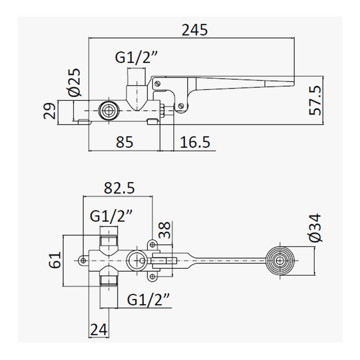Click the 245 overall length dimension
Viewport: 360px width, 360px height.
(x=194, y=30)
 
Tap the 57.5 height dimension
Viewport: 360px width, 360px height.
(x=315, y=100)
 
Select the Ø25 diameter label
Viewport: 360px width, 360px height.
(x=75, y=83)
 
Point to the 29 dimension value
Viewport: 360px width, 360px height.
(x=49, y=111)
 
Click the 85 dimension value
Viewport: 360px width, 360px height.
(x=125, y=142)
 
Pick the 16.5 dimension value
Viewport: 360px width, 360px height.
(x=195, y=142)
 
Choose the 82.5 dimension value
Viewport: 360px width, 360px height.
(x=119, y=188)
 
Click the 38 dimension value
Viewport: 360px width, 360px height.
(x=165, y=230)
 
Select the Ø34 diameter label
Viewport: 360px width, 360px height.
(x=315, y=228)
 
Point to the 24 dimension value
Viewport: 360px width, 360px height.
(x=99, y=330)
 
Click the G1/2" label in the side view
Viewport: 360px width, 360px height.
(x=136, y=57)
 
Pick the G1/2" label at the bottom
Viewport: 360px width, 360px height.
(x=148, y=300)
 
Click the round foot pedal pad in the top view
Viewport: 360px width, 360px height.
(x=280, y=261)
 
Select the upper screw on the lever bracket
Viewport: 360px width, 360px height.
(x=157, y=84)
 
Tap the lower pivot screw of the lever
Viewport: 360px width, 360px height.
(x=181, y=106)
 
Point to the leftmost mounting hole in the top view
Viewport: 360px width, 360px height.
(x=84, y=261)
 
